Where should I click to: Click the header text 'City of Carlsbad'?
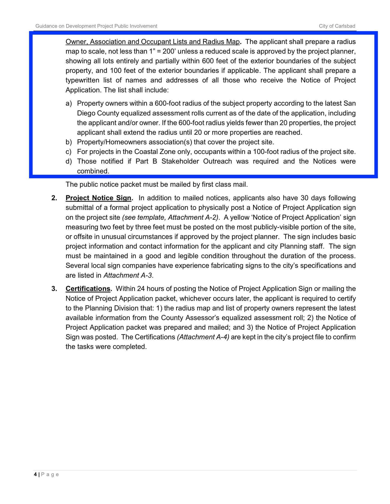pos(337,26)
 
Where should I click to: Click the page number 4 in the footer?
pos(35,474)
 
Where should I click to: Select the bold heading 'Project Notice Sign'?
pos(98,198)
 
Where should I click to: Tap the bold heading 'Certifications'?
pos(88,289)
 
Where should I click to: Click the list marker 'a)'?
pos(69,104)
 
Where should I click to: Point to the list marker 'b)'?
pos(69,142)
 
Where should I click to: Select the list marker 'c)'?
pos(69,152)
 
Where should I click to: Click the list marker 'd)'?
pos(69,161)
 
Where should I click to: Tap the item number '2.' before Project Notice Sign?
pos(54,198)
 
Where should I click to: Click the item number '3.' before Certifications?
pos(54,289)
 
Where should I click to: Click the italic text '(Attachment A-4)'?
pos(203,337)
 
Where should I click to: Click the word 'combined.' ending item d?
pos(93,171)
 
